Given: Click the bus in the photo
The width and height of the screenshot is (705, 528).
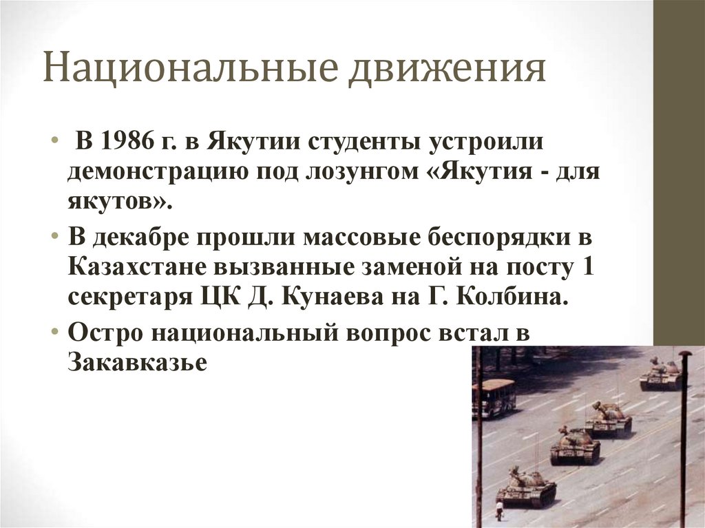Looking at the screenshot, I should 494,397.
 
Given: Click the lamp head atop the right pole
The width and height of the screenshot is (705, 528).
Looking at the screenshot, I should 684,355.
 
